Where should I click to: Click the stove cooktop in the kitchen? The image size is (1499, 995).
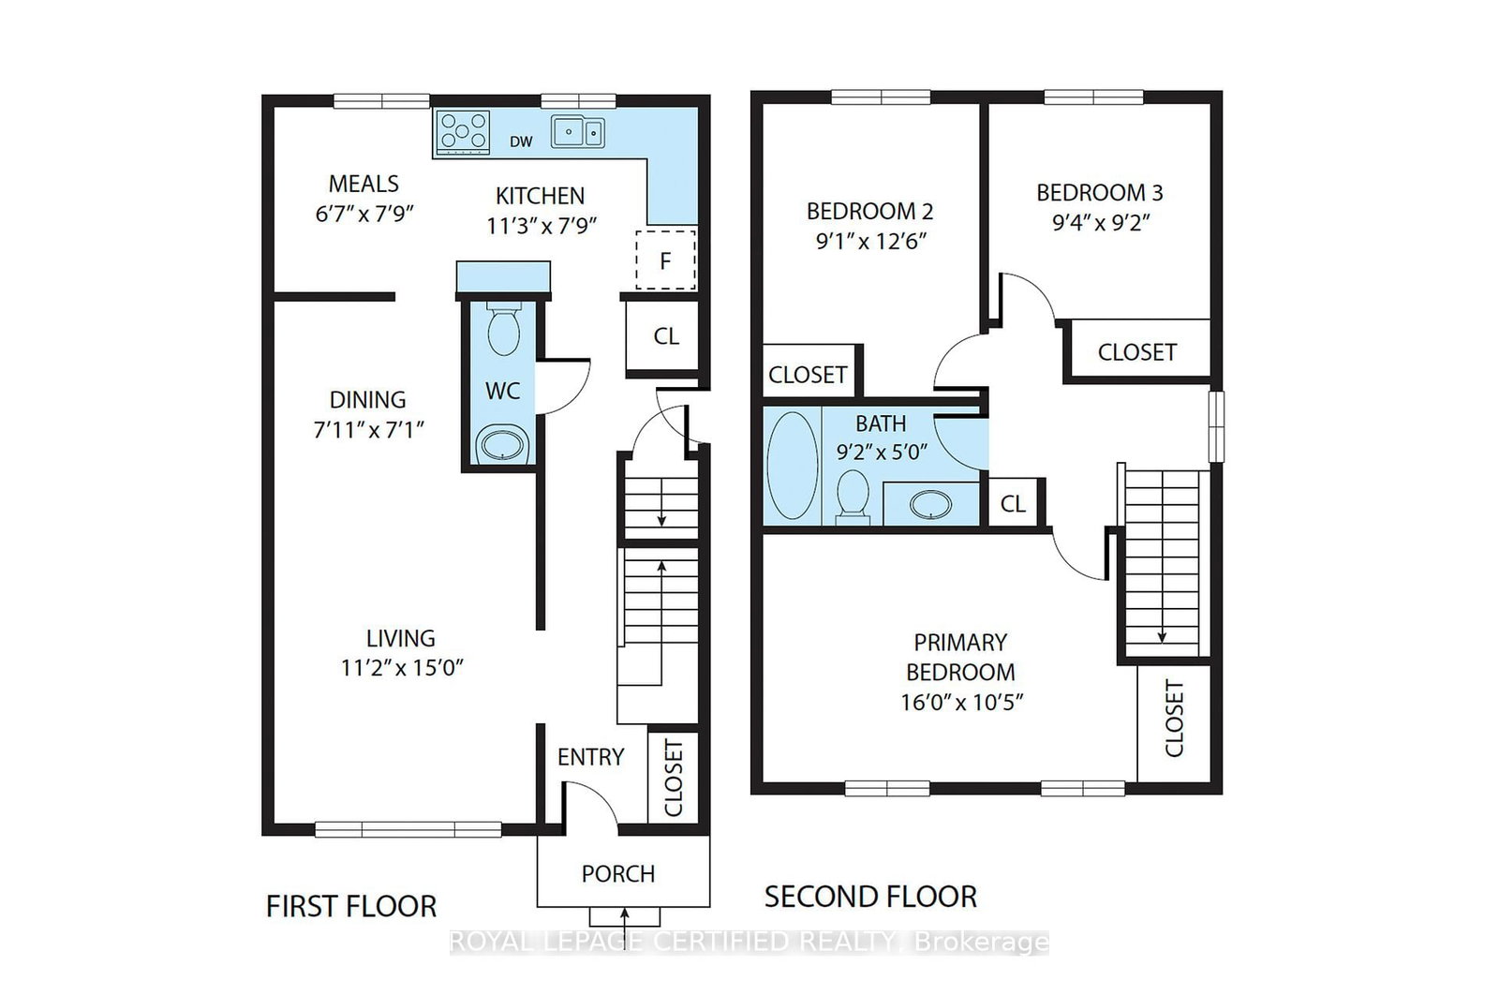(463, 132)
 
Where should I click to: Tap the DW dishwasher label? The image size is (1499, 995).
(521, 141)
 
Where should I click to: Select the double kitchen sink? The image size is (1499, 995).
(578, 132)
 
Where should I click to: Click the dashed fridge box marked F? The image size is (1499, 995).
(665, 260)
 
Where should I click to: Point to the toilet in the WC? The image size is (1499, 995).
(504, 328)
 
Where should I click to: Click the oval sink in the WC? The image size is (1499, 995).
(504, 444)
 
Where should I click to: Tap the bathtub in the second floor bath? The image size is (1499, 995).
(793, 466)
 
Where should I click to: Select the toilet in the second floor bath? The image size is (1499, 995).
(853, 497)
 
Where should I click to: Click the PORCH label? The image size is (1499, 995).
(617, 874)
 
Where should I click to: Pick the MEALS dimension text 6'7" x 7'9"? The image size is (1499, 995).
(364, 215)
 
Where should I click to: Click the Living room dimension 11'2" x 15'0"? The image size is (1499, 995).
(402, 668)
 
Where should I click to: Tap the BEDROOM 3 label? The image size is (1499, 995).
(1100, 193)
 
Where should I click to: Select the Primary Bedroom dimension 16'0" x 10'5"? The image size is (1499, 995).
(961, 702)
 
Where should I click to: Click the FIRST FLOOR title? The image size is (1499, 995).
(351, 907)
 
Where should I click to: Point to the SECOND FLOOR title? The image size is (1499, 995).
(870, 897)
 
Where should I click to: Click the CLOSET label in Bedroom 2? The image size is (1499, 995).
(808, 375)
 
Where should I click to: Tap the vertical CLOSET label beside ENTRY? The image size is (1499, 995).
(674, 778)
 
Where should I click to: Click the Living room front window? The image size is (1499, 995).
(408, 830)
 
